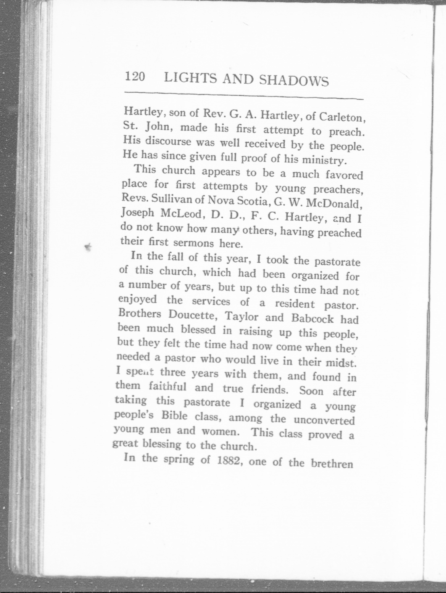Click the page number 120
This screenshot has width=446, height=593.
[x=135, y=77]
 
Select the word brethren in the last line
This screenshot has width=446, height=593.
[x=332, y=463]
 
